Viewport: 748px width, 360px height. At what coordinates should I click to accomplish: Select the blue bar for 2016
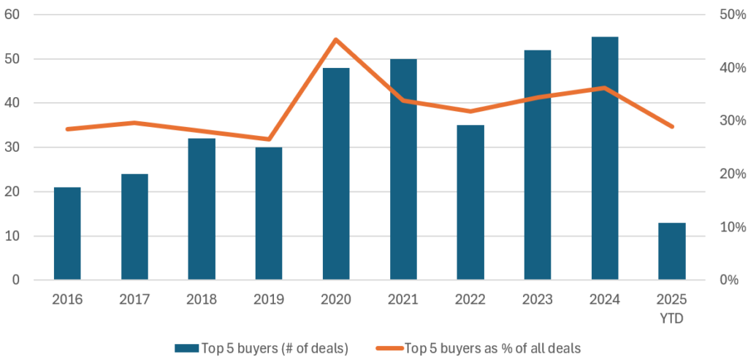point(67,234)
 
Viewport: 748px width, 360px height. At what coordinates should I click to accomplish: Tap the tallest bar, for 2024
point(605,158)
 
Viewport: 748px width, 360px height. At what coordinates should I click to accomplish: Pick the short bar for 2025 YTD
point(671,251)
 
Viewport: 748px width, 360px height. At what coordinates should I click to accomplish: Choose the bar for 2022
point(470,202)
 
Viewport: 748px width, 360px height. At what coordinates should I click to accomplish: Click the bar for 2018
point(202,209)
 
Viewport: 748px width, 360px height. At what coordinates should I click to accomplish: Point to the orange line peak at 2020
point(336,39)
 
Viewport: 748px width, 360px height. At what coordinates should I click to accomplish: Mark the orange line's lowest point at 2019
point(269,139)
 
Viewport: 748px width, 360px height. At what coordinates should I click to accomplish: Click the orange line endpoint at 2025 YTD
point(671,126)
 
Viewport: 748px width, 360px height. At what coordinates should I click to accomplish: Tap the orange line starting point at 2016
point(67,129)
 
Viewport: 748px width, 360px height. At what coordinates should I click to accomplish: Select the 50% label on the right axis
point(730,15)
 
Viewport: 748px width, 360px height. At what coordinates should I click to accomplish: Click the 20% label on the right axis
point(730,174)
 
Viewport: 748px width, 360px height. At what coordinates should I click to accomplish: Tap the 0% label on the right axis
point(730,280)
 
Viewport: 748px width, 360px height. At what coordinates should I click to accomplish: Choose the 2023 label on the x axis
point(538,300)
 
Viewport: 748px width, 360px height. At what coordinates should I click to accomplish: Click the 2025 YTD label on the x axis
point(671,307)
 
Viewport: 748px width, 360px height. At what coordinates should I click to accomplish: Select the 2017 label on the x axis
point(134,300)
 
